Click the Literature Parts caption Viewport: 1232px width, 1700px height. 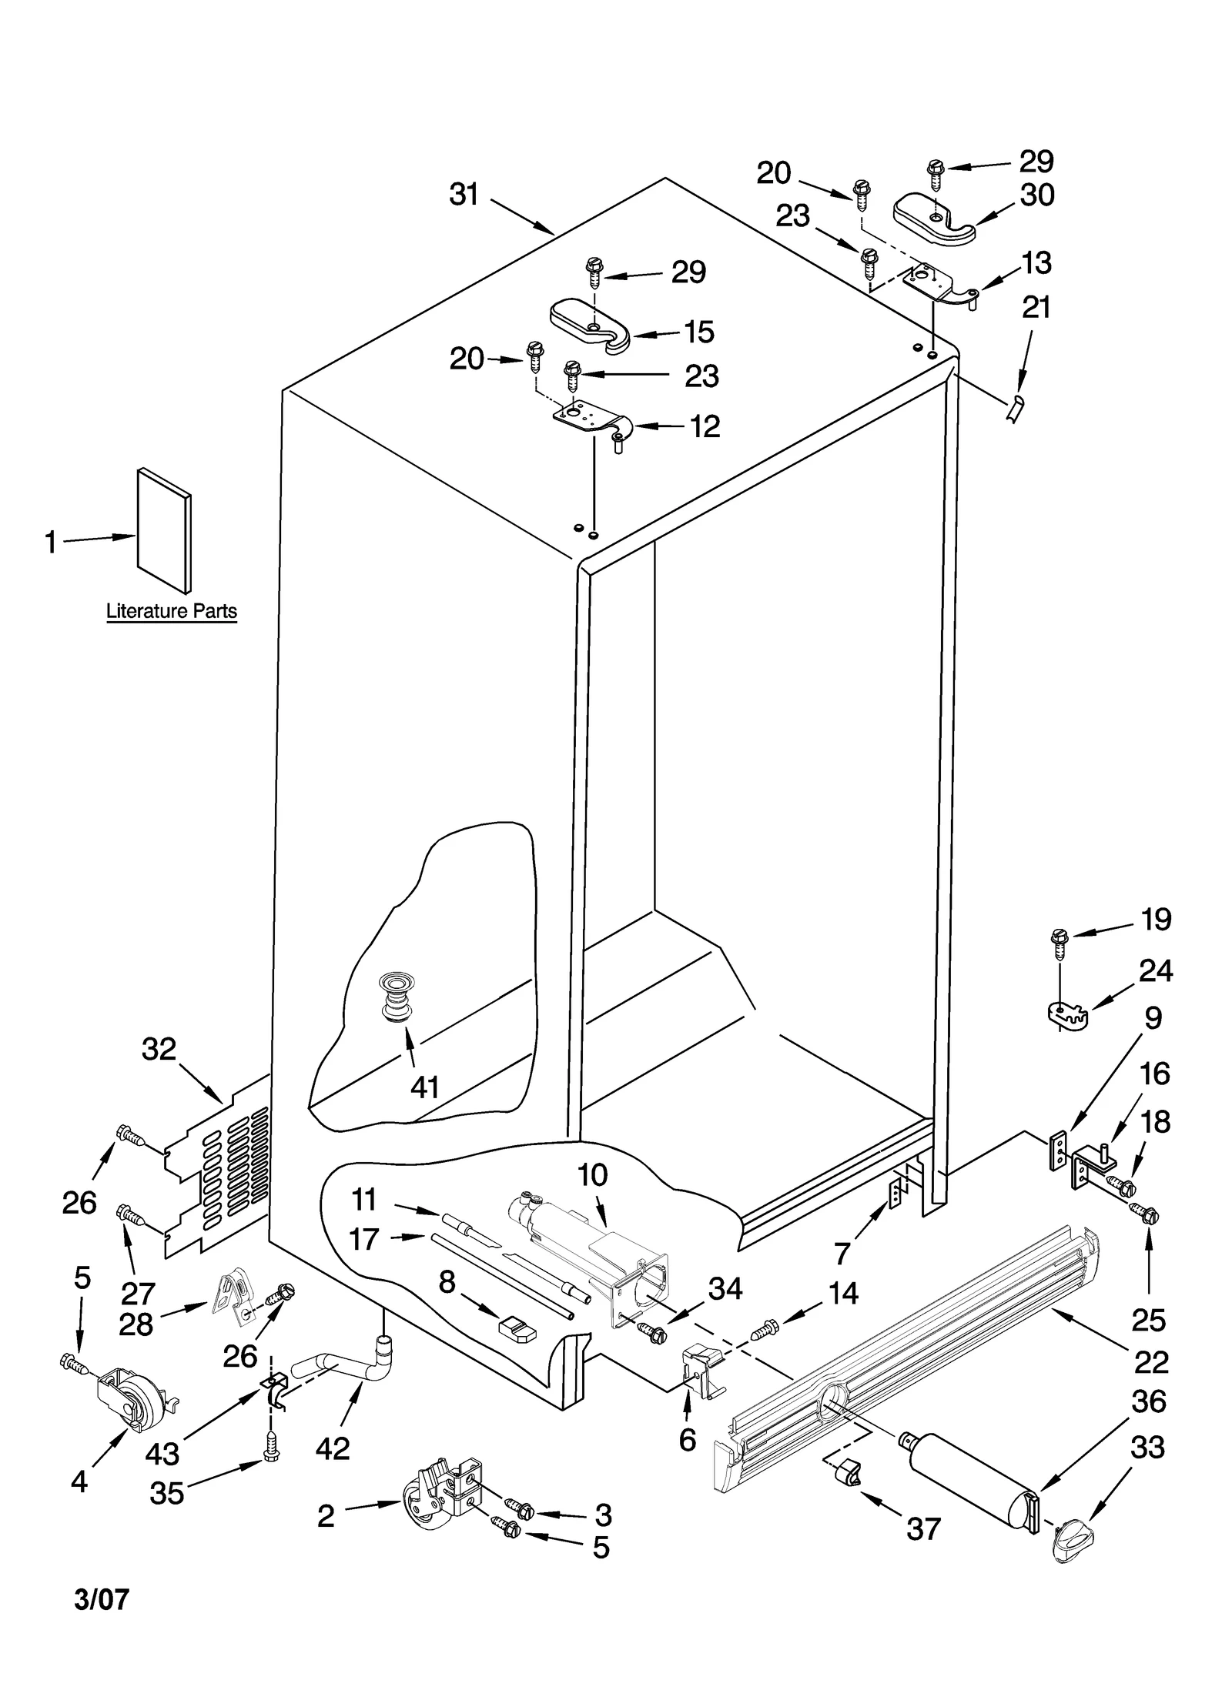[171, 611]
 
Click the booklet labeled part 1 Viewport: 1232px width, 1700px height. [164, 530]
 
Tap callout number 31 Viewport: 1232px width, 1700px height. [464, 195]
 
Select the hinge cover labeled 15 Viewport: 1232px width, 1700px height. [590, 324]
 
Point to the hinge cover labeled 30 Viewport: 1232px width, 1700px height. [934, 213]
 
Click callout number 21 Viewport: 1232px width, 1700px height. [1036, 308]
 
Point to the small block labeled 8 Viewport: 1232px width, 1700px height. [517, 1328]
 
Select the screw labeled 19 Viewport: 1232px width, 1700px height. [1060, 944]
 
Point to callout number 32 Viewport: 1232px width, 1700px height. [159, 1049]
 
